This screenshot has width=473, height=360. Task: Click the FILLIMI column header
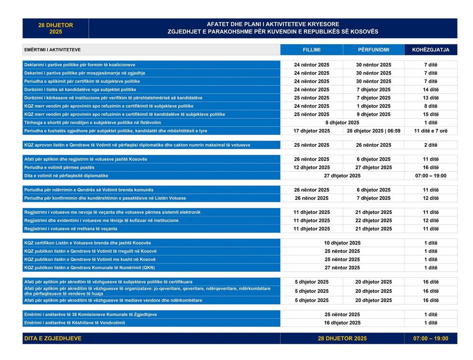tap(311, 50)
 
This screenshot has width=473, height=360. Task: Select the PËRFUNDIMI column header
tap(374, 50)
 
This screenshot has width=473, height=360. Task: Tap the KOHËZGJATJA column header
tap(431, 50)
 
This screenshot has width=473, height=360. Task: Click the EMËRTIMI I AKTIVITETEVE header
tap(53, 50)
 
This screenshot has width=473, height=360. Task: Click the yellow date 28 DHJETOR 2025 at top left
tap(56, 28)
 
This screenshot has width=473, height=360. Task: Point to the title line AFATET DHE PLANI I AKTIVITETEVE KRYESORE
tap(273, 24)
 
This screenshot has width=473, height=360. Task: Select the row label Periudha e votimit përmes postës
tap(59, 167)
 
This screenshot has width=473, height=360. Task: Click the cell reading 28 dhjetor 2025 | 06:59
tap(374, 131)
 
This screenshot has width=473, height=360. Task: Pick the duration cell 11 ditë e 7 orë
tap(431, 131)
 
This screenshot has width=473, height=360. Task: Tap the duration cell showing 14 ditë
tap(431, 89)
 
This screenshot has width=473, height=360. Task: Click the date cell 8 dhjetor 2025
tap(342, 123)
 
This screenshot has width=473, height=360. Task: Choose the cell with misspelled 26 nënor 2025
tap(311, 198)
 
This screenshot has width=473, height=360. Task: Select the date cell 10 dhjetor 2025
tap(342, 243)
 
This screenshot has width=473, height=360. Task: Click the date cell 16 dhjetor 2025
tap(342, 323)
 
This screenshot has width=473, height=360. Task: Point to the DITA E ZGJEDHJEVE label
tap(53, 339)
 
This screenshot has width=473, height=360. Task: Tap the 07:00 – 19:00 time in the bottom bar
tap(431, 339)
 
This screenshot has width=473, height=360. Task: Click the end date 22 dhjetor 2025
tap(374, 221)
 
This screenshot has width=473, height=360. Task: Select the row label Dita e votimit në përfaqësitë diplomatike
tap(66, 176)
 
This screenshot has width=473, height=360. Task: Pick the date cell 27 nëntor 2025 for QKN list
tap(342, 268)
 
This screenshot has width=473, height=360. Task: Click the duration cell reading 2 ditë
tap(431, 145)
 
